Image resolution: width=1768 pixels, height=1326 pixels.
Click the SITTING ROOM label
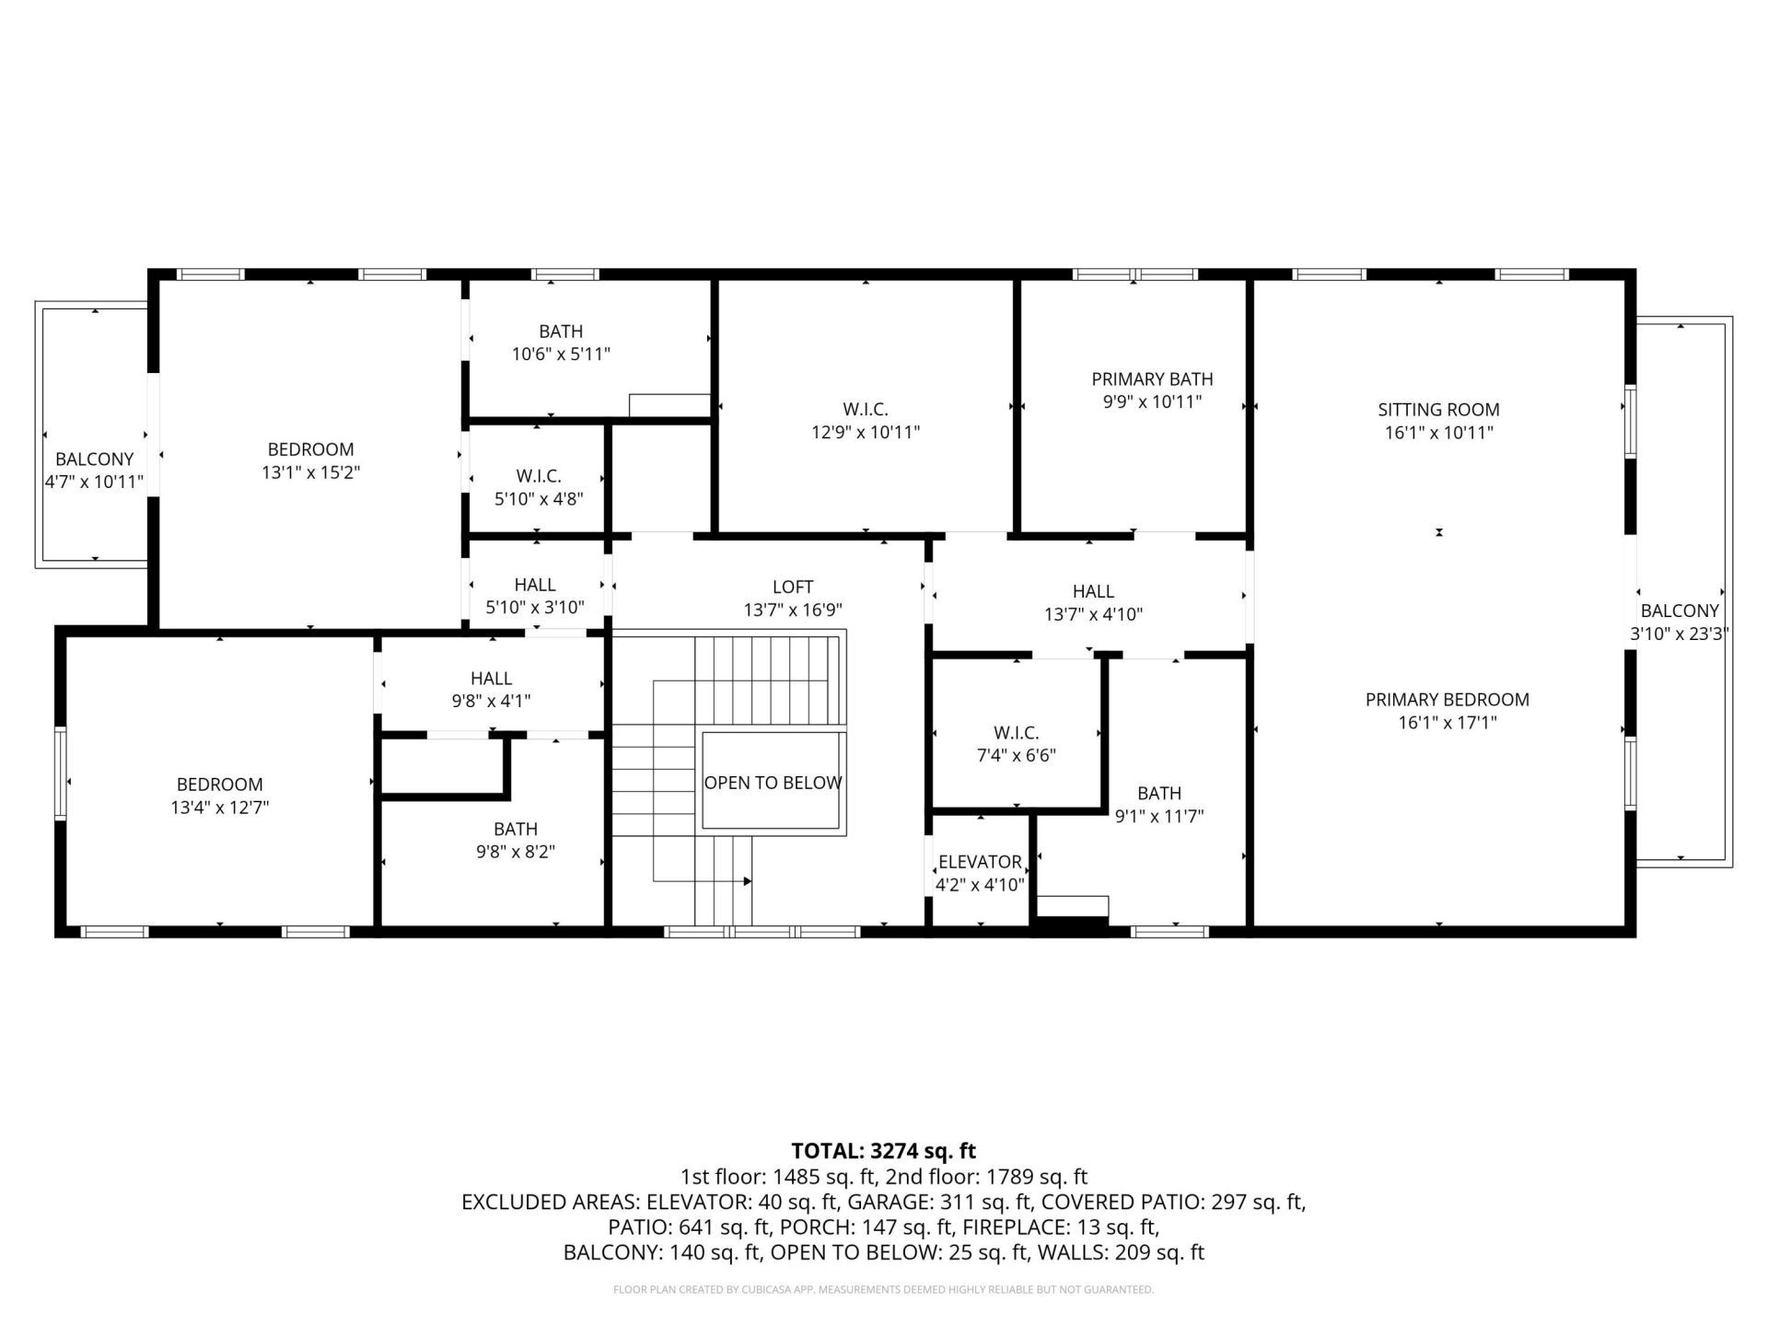[1438, 410]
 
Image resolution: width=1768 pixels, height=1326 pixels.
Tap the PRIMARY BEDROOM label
[1447, 700]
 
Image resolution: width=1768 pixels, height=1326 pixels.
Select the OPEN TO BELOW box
[773, 783]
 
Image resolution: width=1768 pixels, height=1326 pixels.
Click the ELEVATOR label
[979, 862]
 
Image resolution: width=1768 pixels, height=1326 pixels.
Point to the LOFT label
[793, 587]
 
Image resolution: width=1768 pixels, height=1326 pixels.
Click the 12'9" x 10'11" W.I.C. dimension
[865, 433]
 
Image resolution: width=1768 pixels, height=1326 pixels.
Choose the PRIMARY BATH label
[1152, 379]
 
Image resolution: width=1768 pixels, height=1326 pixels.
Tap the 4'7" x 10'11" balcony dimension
[94, 482]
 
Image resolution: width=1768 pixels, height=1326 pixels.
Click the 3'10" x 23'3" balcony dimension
[1679, 634]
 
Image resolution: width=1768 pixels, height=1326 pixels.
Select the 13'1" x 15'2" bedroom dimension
[310, 472]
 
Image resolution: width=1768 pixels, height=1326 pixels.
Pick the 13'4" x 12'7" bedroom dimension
[219, 808]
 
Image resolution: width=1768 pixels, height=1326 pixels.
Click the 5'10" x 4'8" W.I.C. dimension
[539, 499]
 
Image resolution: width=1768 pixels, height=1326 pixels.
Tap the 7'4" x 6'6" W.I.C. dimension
[1016, 756]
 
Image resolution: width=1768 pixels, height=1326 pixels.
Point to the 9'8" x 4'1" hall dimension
[491, 701]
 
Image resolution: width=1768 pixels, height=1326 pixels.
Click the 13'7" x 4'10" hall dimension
[1093, 614]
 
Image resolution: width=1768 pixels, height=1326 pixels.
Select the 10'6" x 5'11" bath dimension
[561, 354]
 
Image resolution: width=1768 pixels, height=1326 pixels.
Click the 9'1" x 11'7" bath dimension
[1159, 816]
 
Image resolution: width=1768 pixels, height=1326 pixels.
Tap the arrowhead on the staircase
[747, 881]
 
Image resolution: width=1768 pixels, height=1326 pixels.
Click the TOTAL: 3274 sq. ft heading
[883, 1151]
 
